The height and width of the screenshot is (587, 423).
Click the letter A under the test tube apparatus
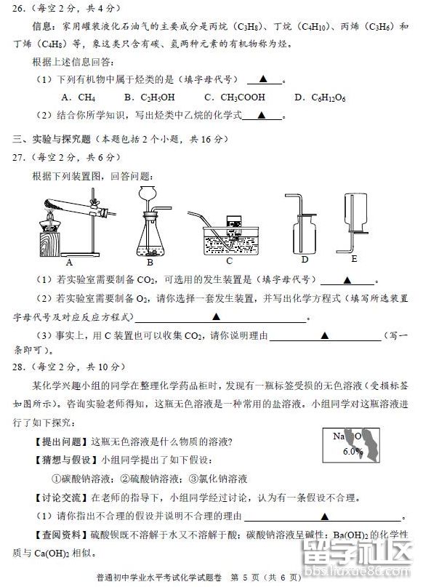point(69,262)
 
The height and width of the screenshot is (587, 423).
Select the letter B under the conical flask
point(150,262)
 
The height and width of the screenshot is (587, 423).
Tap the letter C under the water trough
point(229,260)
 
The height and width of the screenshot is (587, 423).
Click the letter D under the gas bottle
point(305,259)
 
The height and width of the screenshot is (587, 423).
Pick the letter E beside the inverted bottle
point(354,257)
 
